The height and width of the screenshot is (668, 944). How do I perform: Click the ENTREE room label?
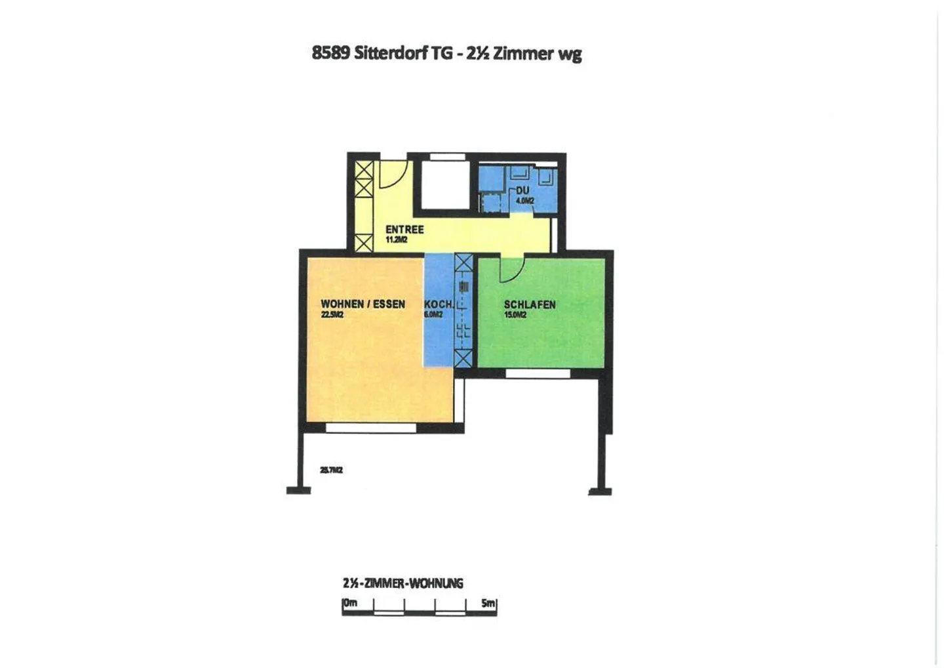click(404, 230)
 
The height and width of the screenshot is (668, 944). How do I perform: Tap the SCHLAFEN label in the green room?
click(530, 304)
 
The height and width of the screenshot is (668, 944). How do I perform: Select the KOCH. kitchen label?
click(439, 304)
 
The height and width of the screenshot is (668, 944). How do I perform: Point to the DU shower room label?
click(522, 190)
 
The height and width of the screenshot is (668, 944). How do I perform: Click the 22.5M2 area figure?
click(332, 315)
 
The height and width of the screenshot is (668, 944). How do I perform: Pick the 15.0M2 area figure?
click(515, 315)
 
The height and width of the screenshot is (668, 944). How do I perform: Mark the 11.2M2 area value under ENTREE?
click(397, 240)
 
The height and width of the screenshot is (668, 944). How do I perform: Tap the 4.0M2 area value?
click(525, 201)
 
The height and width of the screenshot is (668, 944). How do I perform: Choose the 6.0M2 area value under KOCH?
click(433, 315)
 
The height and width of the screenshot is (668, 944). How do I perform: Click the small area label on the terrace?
click(331, 470)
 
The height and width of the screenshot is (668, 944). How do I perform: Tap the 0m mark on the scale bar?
click(350, 602)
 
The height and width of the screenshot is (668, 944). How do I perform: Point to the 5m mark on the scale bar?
click(488, 602)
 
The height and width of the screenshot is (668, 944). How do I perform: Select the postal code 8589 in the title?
click(330, 53)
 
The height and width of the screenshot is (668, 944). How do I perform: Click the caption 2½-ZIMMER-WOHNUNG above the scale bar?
click(403, 583)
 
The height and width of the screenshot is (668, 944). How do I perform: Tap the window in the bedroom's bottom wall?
click(538, 373)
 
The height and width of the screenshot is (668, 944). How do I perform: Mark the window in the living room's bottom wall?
click(371, 428)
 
